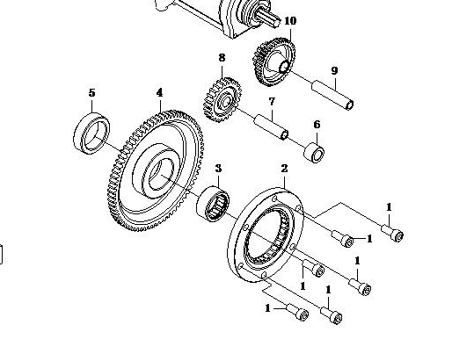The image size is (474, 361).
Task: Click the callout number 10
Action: (290, 20)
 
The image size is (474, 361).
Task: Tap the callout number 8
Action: (222, 57)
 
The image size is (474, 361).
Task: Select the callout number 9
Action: (334, 70)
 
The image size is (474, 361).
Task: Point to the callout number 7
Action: (272, 101)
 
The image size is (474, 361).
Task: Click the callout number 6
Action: (317, 125)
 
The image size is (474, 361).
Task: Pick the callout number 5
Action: (91, 92)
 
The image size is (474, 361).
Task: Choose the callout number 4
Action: (160, 92)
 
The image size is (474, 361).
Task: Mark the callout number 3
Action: (219, 168)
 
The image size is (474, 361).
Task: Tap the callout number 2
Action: (284, 169)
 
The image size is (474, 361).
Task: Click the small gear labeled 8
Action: (222, 99)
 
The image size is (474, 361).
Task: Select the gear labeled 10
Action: (273, 62)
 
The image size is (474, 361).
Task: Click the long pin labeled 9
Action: (332, 95)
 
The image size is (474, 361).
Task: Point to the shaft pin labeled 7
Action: (271, 126)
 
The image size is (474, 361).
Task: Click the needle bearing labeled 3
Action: (213, 204)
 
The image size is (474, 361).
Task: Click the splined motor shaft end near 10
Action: (269, 18)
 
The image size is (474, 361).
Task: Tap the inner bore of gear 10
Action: (283, 67)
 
